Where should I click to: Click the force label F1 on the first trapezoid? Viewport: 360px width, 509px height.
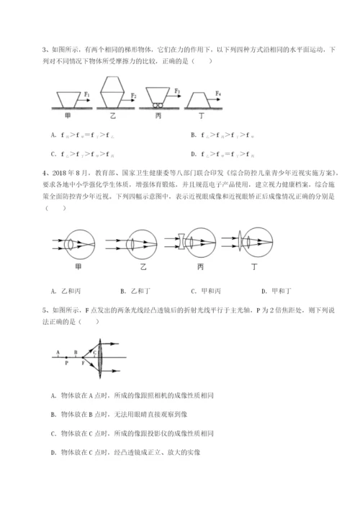click(87, 93)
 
